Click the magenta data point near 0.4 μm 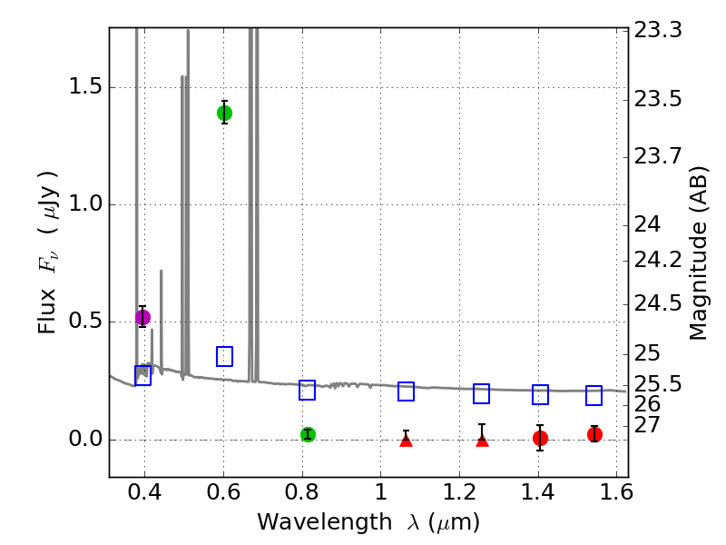[x=142, y=317]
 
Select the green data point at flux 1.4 [x=224, y=113]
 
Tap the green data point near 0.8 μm [x=308, y=434]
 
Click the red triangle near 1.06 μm [x=406, y=441]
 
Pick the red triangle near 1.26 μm [x=482, y=441]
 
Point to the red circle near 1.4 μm [x=540, y=438]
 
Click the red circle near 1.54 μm [x=594, y=434]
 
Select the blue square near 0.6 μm [x=224, y=356]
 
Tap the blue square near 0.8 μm [x=307, y=390]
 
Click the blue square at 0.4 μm [x=142, y=375]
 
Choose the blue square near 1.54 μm [x=594, y=395]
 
